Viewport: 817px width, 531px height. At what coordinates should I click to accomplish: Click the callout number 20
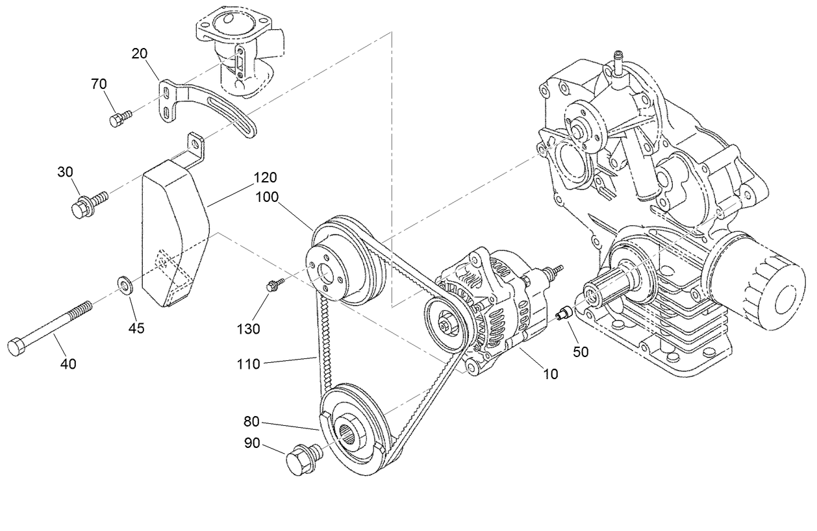[x=139, y=54]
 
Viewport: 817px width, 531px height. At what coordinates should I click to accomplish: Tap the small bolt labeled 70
[x=119, y=118]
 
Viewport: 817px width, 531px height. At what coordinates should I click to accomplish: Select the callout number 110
[x=248, y=364]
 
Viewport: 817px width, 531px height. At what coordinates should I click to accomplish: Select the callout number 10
[x=550, y=375]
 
